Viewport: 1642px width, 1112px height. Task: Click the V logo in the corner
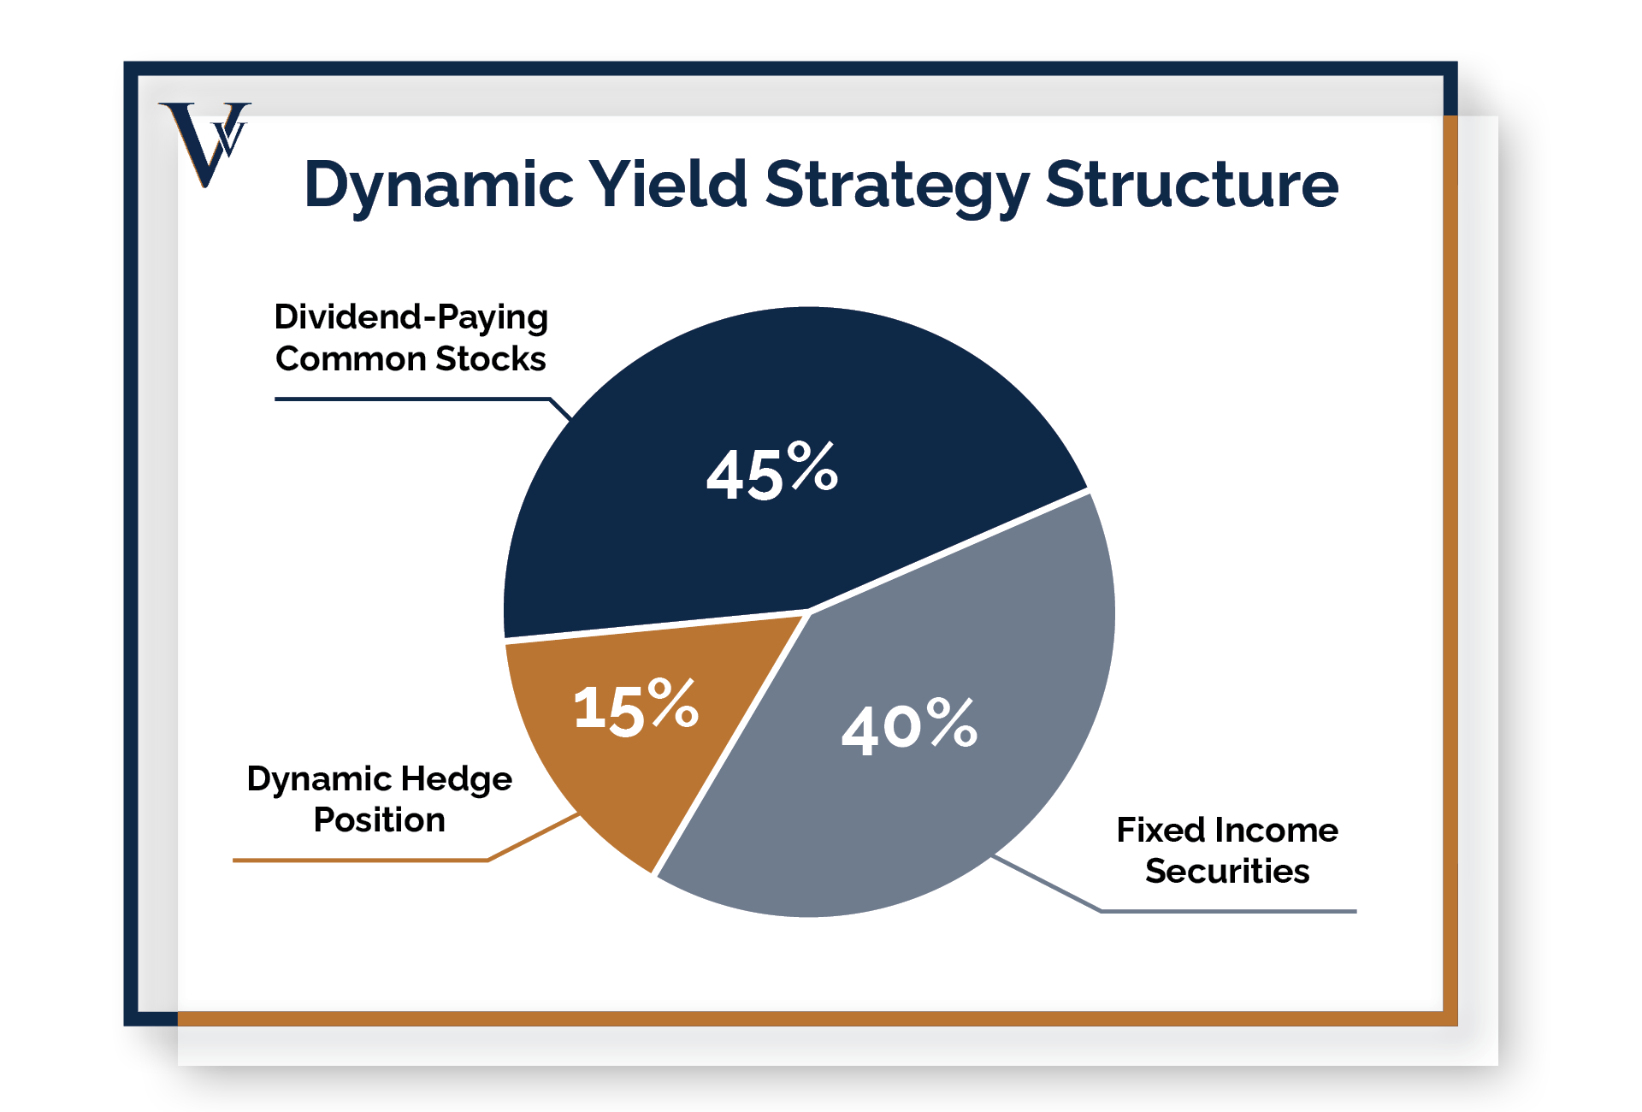pyautogui.click(x=204, y=141)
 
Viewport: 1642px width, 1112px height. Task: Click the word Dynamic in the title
pyautogui.click(x=438, y=185)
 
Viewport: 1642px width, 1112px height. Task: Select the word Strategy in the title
pyautogui.click(x=896, y=185)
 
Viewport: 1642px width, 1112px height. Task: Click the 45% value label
pyautogui.click(x=771, y=471)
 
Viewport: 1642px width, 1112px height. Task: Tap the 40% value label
pyautogui.click(x=908, y=726)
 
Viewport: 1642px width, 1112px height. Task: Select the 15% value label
pyautogui.click(x=635, y=707)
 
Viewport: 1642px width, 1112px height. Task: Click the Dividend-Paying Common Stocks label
pyautogui.click(x=410, y=338)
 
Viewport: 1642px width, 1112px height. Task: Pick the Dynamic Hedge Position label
pyautogui.click(x=379, y=799)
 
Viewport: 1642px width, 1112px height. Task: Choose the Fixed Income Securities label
pyautogui.click(x=1226, y=850)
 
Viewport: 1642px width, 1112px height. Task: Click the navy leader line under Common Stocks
pyautogui.click(x=410, y=399)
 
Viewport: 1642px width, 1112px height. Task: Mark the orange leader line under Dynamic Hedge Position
pyautogui.click(x=359, y=860)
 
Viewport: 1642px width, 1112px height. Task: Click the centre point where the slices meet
pyautogui.click(x=808, y=612)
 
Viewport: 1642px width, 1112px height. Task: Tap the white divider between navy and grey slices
pyautogui.click(x=949, y=552)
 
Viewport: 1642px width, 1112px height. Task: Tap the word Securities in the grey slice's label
pyautogui.click(x=1226, y=872)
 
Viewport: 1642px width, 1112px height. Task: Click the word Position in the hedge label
pyautogui.click(x=379, y=820)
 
